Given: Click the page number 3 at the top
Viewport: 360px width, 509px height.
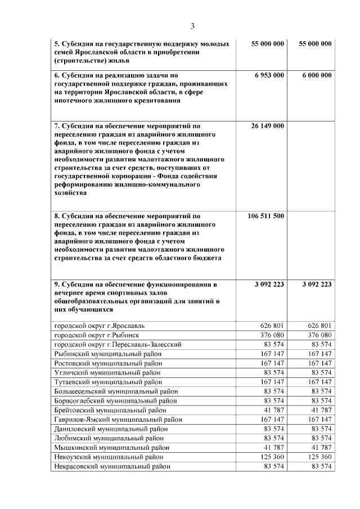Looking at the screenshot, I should click(x=192, y=26).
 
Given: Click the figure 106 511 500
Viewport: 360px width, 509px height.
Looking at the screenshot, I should click(x=265, y=216).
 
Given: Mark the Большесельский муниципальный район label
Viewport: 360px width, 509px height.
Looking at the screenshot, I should click(x=116, y=391).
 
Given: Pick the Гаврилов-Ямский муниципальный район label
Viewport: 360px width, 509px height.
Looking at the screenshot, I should click(x=118, y=419).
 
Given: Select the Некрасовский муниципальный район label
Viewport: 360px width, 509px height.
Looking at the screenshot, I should click(x=112, y=466).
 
